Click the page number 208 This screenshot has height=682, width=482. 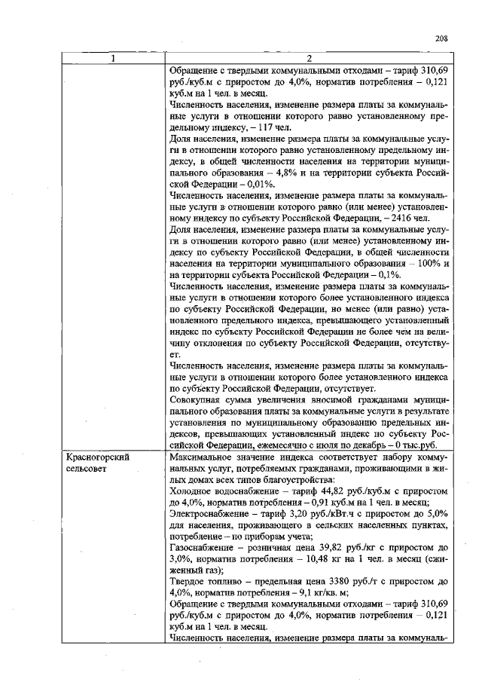tap(441, 40)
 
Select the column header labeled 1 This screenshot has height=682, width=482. tap(113, 59)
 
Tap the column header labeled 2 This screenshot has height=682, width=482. tap(310, 59)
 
